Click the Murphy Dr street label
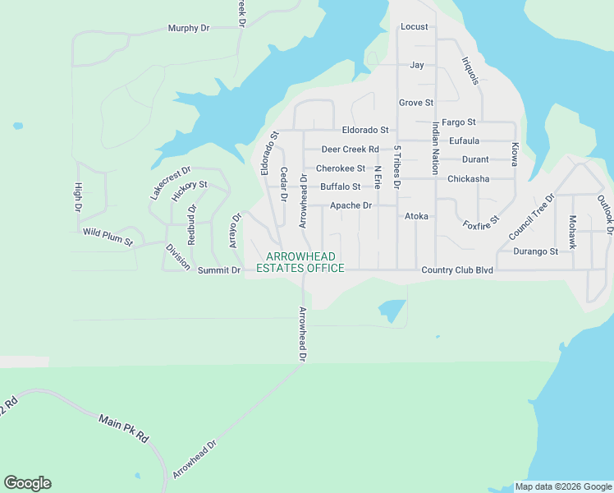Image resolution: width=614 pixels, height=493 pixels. (189, 28)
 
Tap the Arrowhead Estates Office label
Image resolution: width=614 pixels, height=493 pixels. (300, 263)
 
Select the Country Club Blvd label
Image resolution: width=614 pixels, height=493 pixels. (456, 270)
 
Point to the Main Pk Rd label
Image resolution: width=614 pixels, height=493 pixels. (123, 427)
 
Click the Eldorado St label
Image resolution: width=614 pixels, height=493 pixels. (365, 130)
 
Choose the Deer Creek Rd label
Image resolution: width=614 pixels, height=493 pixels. (350, 150)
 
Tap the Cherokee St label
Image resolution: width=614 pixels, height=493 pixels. (341, 168)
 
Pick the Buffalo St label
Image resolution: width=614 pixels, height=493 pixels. (340, 187)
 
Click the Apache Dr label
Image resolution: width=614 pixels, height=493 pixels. (351, 205)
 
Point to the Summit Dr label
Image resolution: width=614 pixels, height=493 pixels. (219, 270)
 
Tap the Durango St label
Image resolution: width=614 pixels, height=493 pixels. (535, 251)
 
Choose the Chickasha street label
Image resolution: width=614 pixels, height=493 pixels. (468, 179)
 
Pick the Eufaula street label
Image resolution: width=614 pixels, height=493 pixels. (465, 141)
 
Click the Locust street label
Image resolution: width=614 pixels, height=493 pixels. (415, 26)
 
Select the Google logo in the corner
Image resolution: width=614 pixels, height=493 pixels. (27, 483)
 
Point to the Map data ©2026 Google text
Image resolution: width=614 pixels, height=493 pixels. (563, 487)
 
